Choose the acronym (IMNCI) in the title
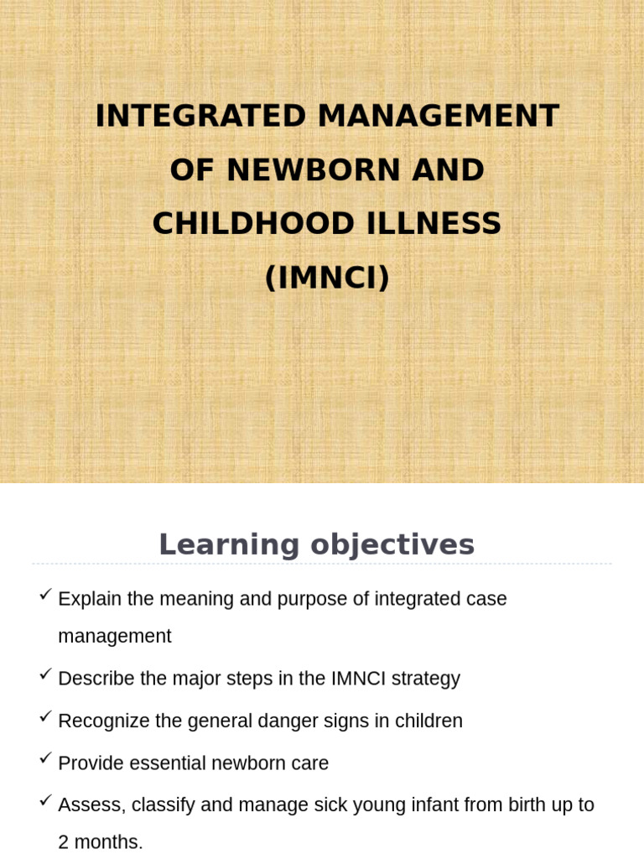click(x=327, y=278)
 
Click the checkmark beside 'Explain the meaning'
click(x=46, y=594)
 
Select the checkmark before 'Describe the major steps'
click(x=46, y=674)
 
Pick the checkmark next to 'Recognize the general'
click(x=46, y=716)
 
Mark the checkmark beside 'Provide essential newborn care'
click(x=46, y=758)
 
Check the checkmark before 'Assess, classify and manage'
click(x=46, y=800)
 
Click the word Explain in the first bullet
click(x=91, y=599)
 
